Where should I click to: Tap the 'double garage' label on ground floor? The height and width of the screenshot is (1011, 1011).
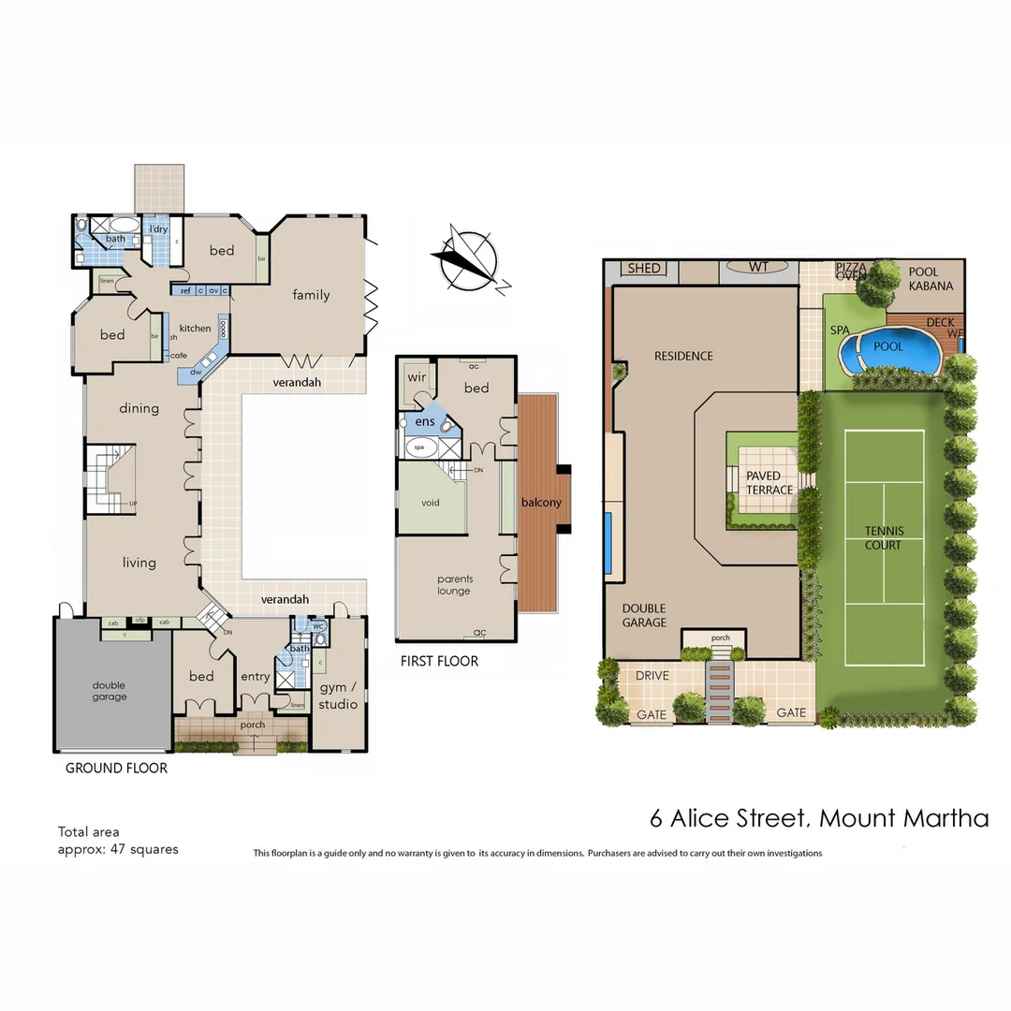pyautogui.click(x=110, y=691)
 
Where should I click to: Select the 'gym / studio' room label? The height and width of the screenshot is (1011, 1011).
pyautogui.click(x=338, y=696)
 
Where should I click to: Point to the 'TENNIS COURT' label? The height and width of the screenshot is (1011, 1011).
pyautogui.click(x=884, y=538)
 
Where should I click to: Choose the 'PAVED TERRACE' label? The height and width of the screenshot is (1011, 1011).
pyautogui.click(x=769, y=483)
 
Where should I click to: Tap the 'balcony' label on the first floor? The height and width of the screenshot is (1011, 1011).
pyautogui.click(x=542, y=503)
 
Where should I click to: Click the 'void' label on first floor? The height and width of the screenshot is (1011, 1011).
pyautogui.click(x=431, y=503)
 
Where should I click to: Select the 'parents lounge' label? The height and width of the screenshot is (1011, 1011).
pyautogui.click(x=454, y=585)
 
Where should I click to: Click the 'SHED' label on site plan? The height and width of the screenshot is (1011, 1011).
pyautogui.click(x=644, y=269)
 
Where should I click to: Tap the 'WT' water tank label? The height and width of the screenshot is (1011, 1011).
pyautogui.click(x=758, y=268)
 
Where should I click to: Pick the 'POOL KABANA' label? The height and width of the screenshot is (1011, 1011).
pyautogui.click(x=930, y=279)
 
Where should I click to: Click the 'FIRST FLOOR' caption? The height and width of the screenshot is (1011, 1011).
pyautogui.click(x=439, y=661)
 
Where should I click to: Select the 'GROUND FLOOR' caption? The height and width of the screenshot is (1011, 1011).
pyautogui.click(x=116, y=769)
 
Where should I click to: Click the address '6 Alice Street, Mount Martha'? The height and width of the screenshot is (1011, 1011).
pyautogui.click(x=819, y=817)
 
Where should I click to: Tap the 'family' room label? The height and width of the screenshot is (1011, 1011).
pyautogui.click(x=311, y=295)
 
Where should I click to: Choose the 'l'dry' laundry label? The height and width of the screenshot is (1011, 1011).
pyautogui.click(x=158, y=229)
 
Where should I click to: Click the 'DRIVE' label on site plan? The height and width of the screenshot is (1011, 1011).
pyautogui.click(x=652, y=676)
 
